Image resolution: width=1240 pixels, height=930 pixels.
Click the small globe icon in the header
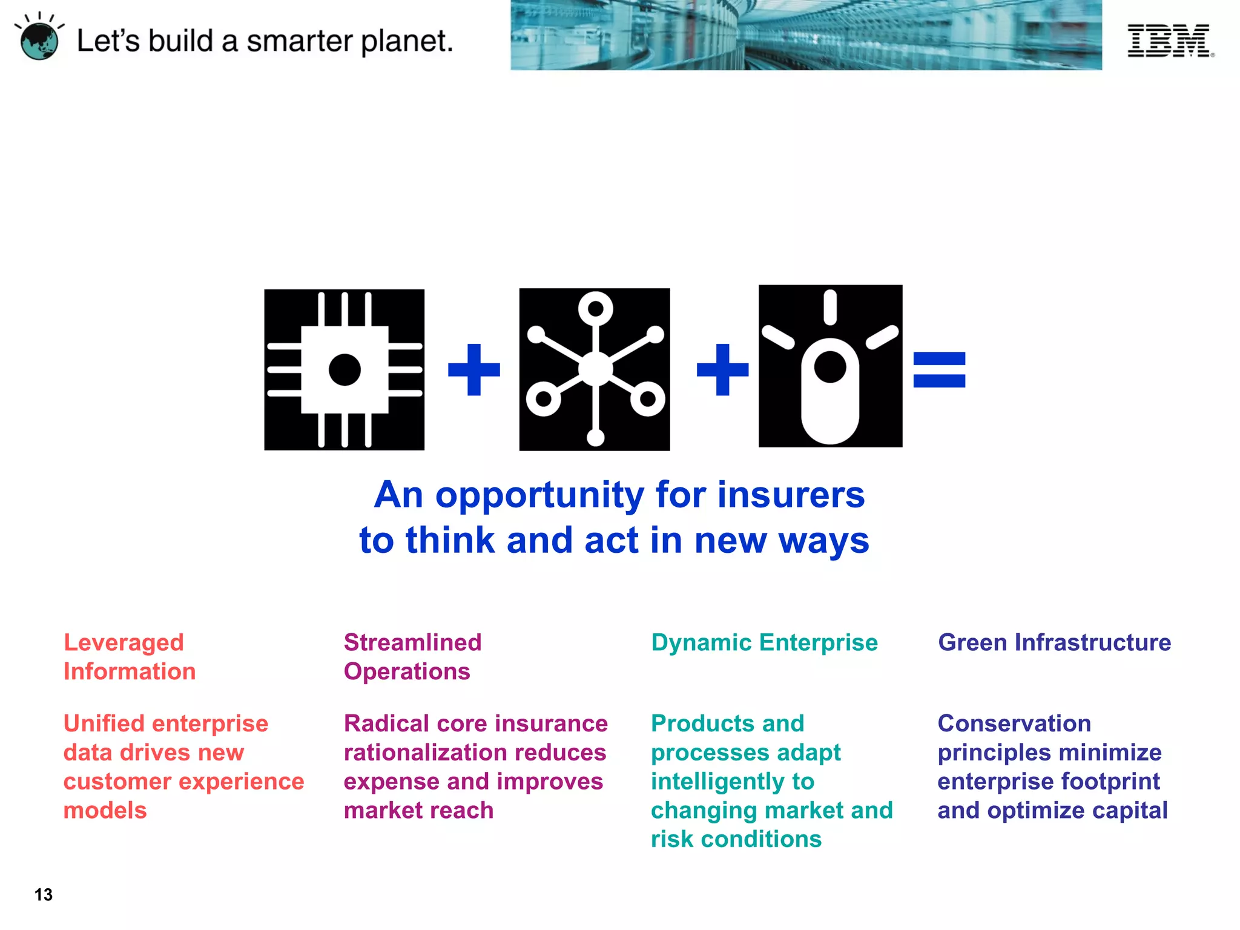coord(39,40)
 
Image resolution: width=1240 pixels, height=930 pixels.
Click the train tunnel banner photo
coord(805,35)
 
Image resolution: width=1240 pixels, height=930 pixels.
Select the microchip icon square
coord(344,369)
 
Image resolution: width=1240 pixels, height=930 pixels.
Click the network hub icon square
coord(595,369)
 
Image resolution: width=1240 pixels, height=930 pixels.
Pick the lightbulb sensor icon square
coord(830,366)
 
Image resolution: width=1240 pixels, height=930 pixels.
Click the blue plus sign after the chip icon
coord(473,369)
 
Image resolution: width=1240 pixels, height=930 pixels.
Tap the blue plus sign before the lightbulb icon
coord(722,369)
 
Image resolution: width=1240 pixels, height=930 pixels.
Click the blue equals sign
coord(938,369)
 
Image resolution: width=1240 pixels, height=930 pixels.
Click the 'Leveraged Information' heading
coord(129,657)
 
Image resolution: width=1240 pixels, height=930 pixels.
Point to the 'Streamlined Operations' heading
coord(412,657)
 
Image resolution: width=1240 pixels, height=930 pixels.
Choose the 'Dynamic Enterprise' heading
coord(764,642)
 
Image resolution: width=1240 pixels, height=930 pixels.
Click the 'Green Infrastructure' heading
coord(1054,642)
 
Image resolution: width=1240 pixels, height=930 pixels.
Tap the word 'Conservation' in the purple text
coord(1014,724)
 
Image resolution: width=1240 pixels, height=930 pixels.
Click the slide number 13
coord(44,895)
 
